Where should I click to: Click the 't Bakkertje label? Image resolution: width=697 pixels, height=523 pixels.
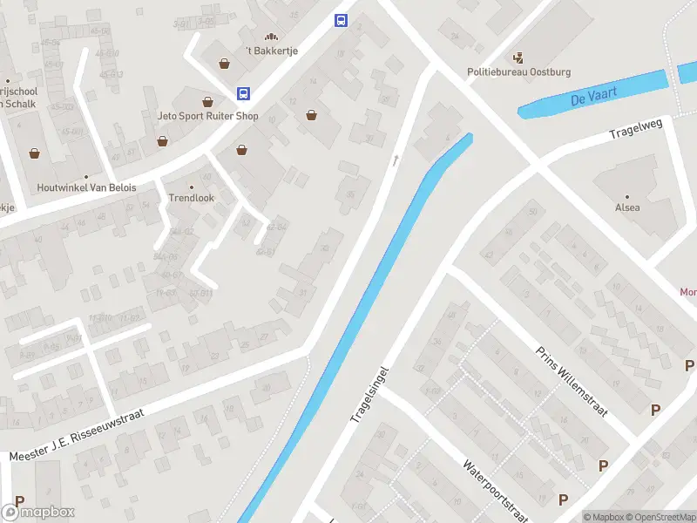pos(271,51)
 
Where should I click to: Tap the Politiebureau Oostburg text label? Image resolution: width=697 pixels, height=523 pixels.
pos(519,72)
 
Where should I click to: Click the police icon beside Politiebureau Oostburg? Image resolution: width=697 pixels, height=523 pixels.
pos(519,58)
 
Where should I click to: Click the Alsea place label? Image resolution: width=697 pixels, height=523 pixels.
pos(627,207)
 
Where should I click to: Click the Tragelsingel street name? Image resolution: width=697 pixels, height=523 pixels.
pos(368,394)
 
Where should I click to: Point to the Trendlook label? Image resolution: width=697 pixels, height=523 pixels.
pos(191,198)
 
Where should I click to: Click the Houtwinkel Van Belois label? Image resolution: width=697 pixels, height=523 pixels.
pos(86,187)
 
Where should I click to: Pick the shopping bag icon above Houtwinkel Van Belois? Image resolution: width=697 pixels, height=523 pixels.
pos(35,153)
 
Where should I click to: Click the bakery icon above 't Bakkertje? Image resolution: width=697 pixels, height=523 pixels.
pos(271,37)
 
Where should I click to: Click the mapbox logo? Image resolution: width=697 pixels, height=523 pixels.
pos(37,513)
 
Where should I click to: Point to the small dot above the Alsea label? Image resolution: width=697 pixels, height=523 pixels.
pos(626,196)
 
